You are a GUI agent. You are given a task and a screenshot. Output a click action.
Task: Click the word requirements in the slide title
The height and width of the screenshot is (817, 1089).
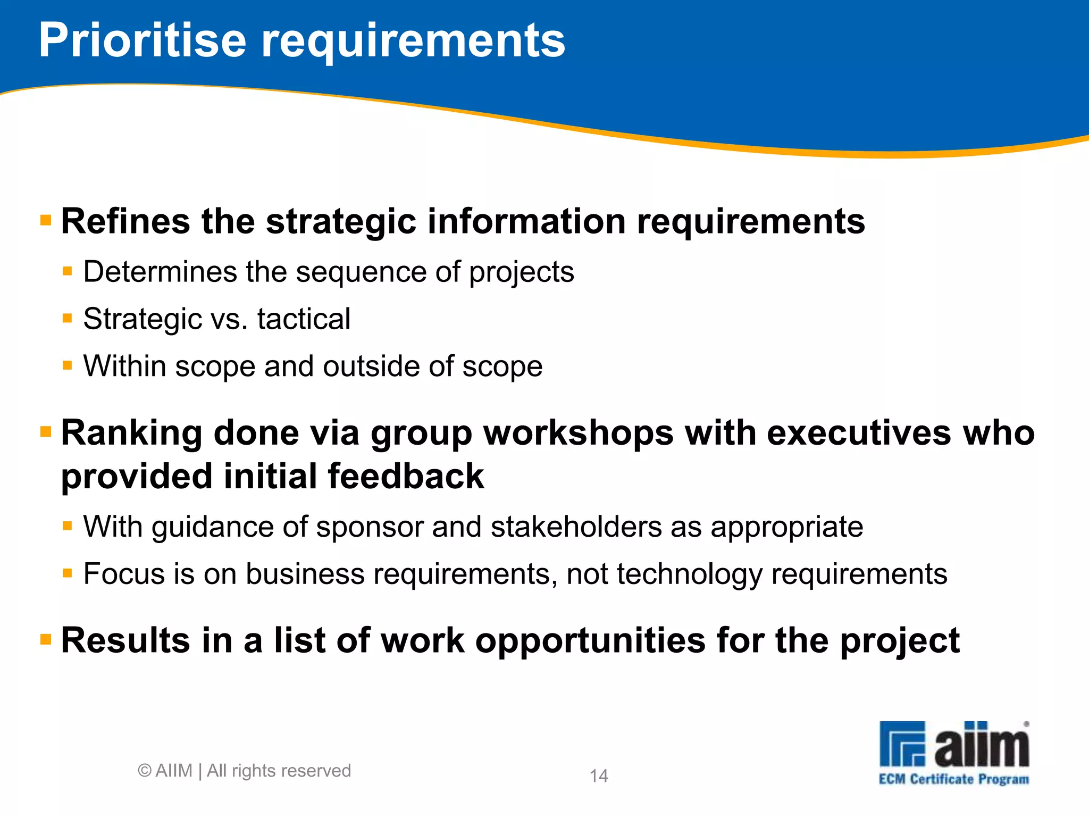click(x=413, y=43)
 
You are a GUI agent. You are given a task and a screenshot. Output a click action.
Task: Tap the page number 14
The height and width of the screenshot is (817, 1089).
click(x=599, y=776)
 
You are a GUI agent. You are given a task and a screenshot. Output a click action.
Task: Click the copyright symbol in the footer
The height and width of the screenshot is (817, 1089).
click(x=145, y=771)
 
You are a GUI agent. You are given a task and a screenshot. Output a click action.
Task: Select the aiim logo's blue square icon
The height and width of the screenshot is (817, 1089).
click(x=902, y=744)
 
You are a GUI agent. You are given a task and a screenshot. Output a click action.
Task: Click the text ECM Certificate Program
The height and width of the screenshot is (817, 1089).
click(x=953, y=779)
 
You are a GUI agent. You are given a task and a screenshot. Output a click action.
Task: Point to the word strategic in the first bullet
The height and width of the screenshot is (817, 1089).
click(x=341, y=221)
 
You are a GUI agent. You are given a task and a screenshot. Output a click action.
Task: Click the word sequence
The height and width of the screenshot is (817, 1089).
click(x=361, y=272)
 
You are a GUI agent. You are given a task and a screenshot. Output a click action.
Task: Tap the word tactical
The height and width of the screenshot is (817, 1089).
click(x=304, y=319)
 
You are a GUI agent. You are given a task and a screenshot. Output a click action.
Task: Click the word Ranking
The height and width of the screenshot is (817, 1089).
click(x=131, y=433)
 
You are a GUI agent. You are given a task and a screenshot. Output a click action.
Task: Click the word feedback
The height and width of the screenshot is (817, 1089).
click(x=406, y=476)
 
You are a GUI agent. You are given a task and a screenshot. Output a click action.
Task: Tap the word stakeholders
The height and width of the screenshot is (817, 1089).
click(x=575, y=527)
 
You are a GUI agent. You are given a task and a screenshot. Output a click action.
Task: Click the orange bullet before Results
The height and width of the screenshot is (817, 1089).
click(x=46, y=639)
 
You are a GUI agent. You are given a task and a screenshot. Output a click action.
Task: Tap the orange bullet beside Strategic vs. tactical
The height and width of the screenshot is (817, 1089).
click(x=67, y=319)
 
